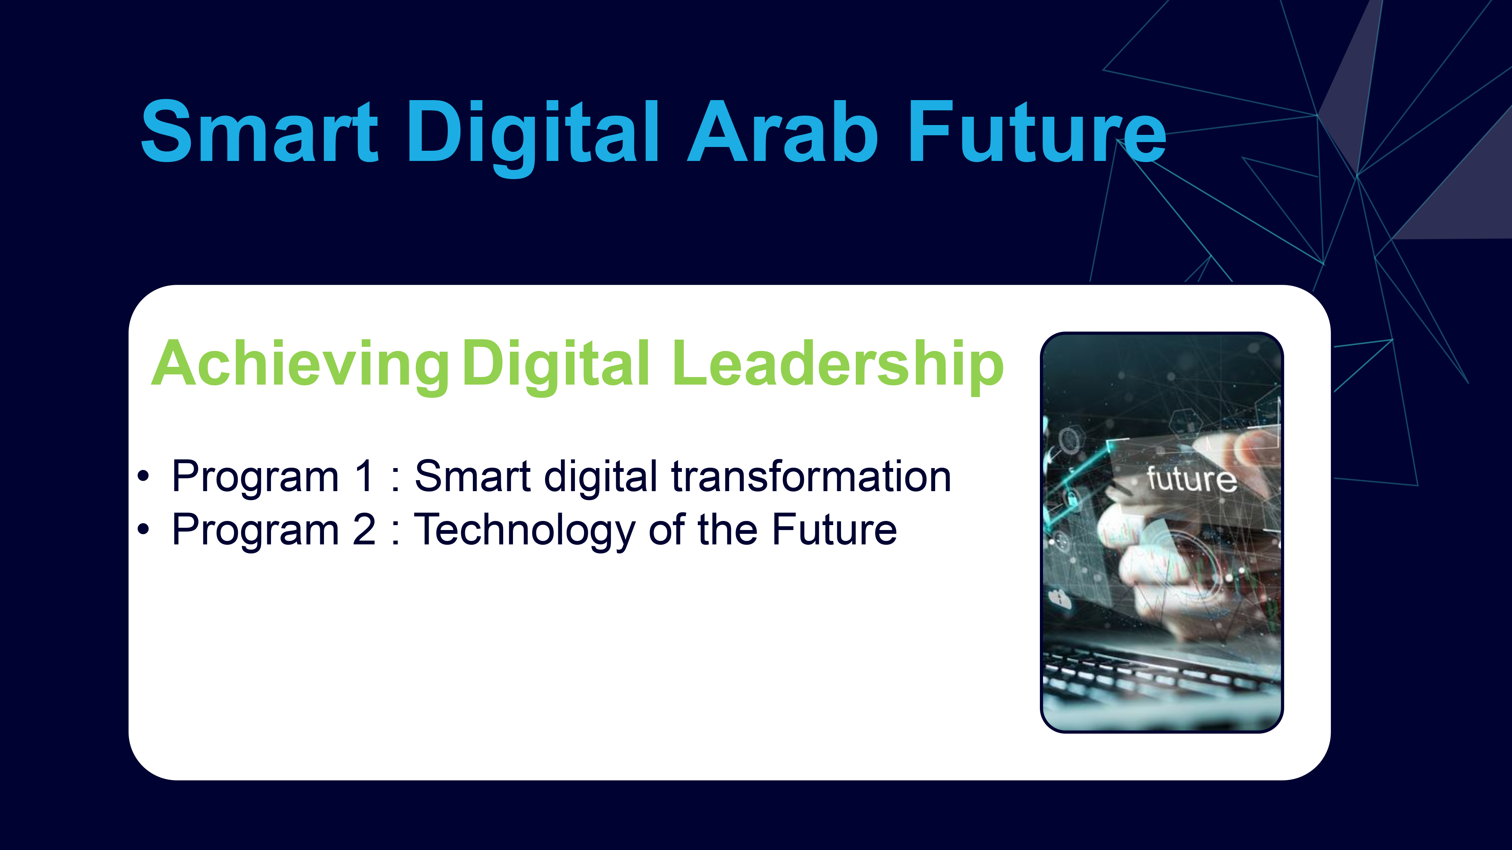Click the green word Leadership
838,366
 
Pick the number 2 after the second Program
364,529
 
